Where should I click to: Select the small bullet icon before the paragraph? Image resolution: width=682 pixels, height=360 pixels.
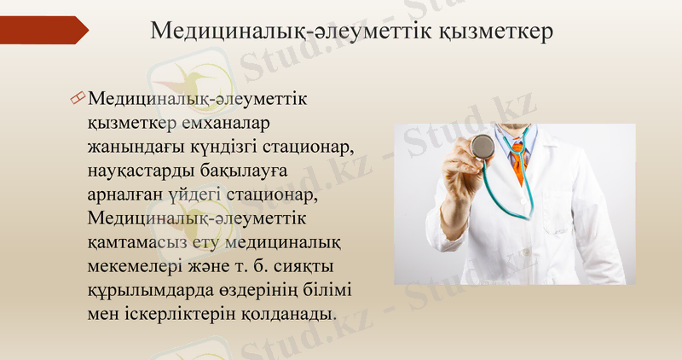click(x=78, y=101)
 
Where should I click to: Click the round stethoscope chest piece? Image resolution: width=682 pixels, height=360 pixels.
click(x=483, y=146)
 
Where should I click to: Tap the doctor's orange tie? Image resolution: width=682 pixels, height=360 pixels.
click(x=517, y=163)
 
